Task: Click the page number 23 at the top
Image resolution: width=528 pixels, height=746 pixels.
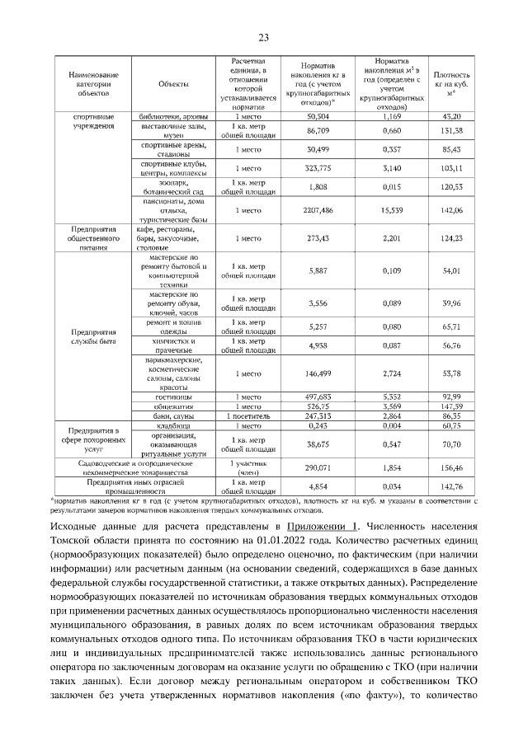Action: (x=264, y=37)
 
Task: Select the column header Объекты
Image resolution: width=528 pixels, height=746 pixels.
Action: (x=173, y=84)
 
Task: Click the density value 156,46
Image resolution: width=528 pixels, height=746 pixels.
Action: (x=451, y=467)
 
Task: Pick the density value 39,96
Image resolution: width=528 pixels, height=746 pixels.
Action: (x=451, y=303)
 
